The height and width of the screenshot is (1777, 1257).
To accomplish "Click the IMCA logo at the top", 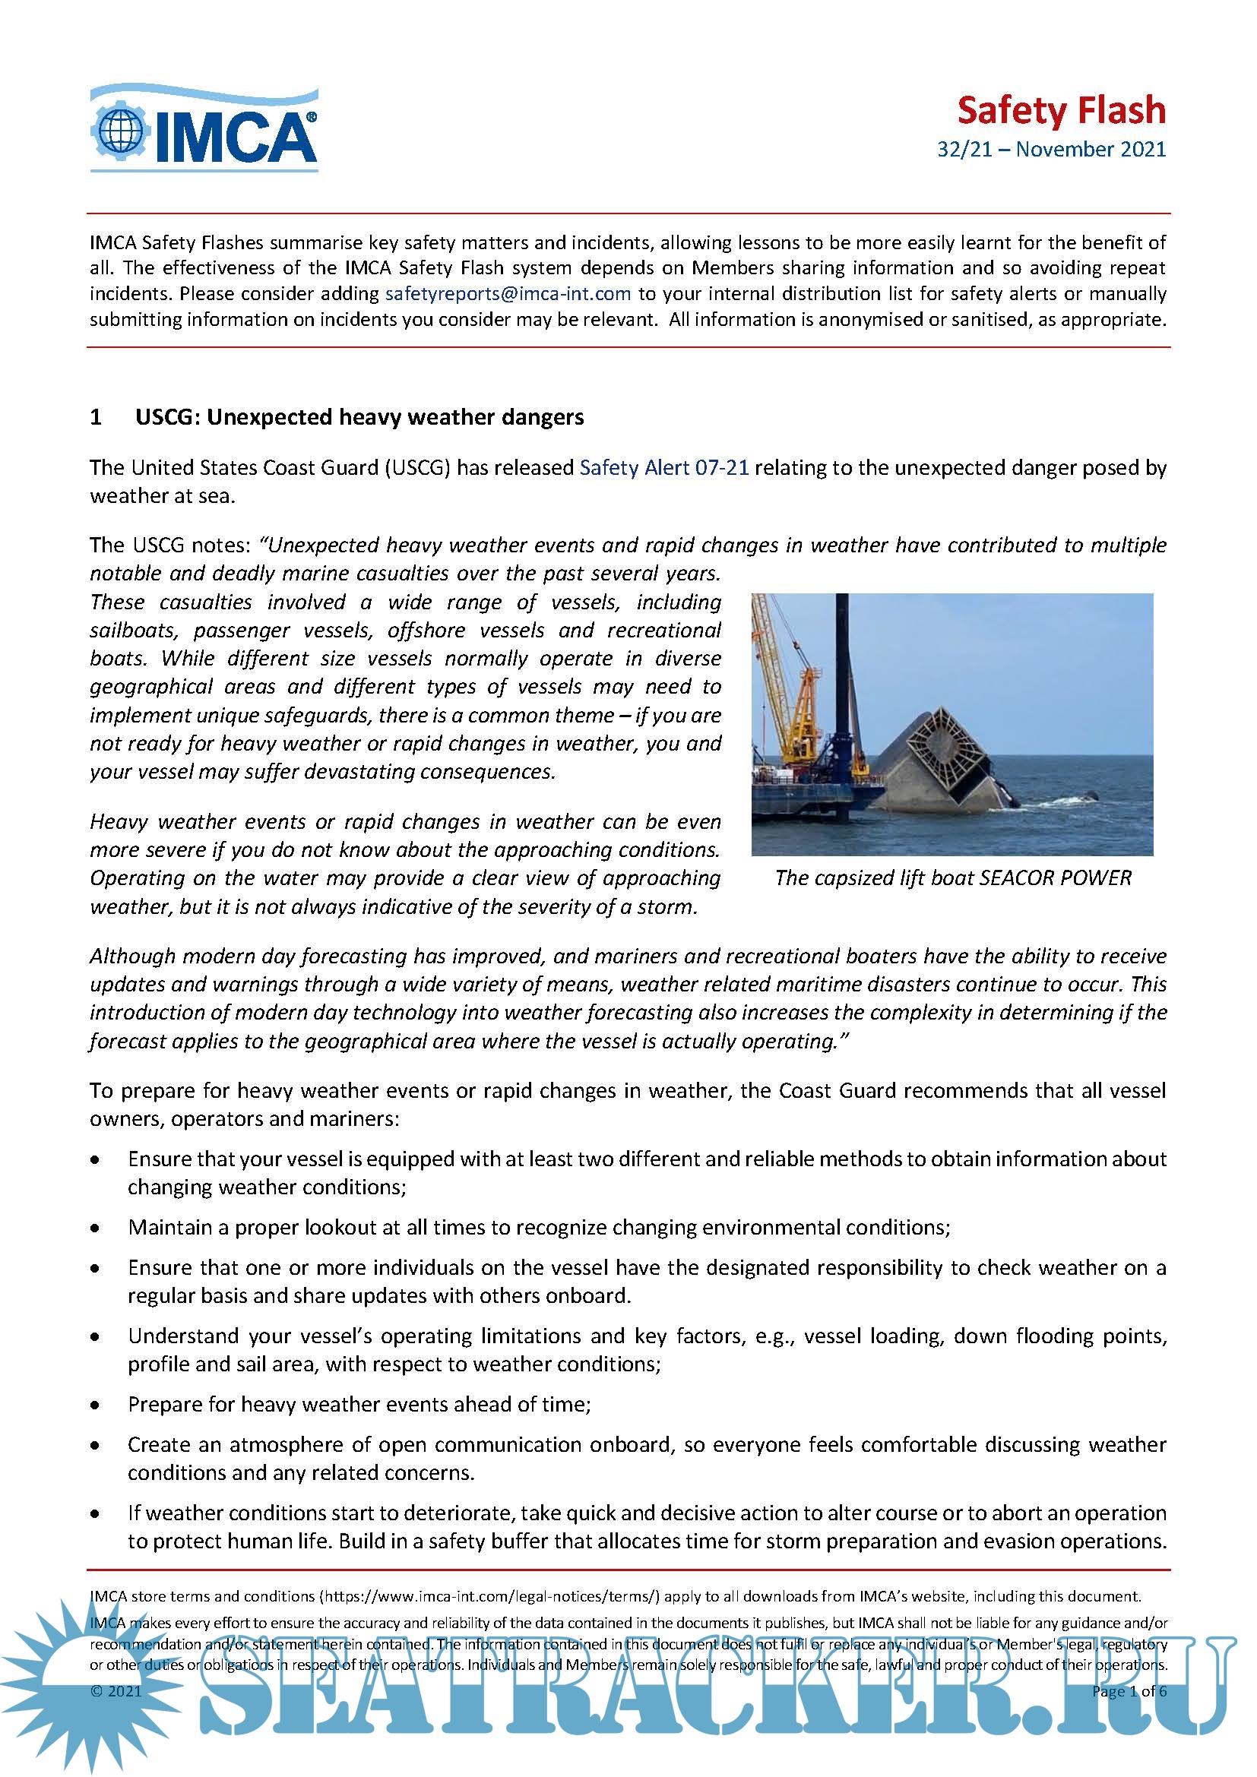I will (x=204, y=128).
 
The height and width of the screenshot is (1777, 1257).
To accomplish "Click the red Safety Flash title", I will (x=1060, y=111).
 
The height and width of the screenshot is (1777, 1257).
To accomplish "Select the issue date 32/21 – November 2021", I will (x=1051, y=150).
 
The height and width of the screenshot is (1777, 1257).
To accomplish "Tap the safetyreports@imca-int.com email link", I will (x=508, y=294).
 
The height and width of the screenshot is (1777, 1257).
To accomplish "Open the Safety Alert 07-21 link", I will (x=664, y=467).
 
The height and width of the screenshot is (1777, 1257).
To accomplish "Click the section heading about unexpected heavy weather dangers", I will (x=359, y=417).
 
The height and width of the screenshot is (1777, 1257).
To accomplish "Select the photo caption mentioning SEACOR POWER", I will (x=953, y=877).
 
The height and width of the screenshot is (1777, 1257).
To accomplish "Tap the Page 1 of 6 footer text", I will (x=1129, y=1691).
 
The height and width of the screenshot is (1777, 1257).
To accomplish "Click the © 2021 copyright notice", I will (x=116, y=1691).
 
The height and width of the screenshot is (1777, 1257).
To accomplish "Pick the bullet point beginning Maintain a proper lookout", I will (x=539, y=1228).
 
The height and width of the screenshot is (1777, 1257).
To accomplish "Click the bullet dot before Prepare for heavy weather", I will (x=95, y=1405).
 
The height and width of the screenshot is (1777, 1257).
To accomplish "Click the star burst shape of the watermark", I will (x=74, y=1684).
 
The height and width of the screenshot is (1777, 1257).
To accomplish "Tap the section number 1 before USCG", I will (x=96, y=417).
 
